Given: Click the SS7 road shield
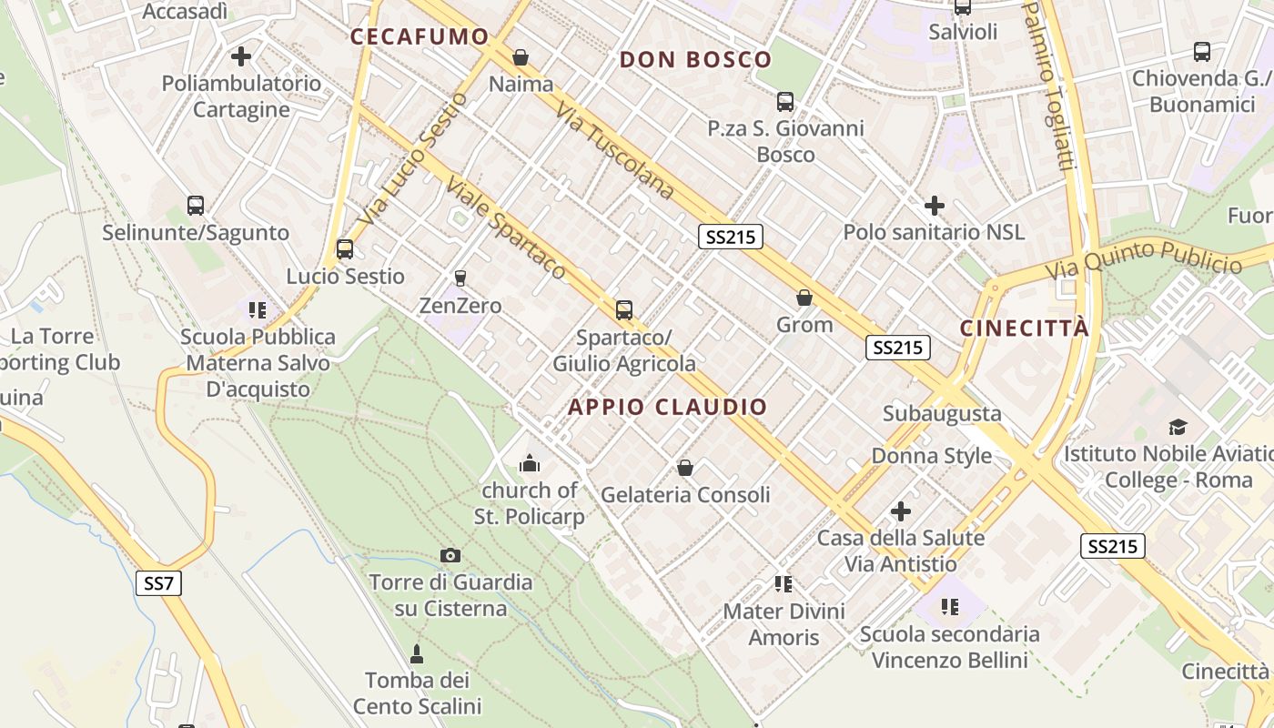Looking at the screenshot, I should pyautogui.click(x=158, y=583).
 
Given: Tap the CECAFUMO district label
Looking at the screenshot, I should pyautogui.click(x=420, y=36).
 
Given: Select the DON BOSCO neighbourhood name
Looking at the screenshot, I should pyautogui.click(x=695, y=60).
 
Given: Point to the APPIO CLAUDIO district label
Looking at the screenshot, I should pyautogui.click(x=668, y=407).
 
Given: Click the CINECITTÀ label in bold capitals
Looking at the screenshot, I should pyautogui.click(x=1025, y=329).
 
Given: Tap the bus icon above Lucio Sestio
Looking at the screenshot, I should pyautogui.click(x=345, y=248).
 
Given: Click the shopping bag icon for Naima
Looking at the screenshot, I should pyautogui.click(x=521, y=57).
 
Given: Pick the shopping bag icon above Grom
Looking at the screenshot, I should pyautogui.click(x=804, y=298).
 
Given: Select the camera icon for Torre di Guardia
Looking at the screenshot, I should pyautogui.click(x=450, y=555).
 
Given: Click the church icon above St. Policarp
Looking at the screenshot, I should pyautogui.click(x=529, y=464).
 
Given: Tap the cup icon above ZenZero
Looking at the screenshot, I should pyautogui.click(x=460, y=278).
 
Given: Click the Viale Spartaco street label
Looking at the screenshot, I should pyautogui.click(x=505, y=227).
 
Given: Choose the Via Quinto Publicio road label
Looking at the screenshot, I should pyautogui.click(x=1143, y=260).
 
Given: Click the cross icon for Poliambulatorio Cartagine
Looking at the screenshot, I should pyautogui.click(x=241, y=56).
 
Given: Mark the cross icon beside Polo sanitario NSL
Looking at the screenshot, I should pyautogui.click(x=934, y=205).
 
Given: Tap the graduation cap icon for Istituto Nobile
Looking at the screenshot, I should pyautogui.click(x=1178, y=427).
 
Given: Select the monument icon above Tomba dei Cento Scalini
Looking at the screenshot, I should pyautogui.click(x=417, y=653).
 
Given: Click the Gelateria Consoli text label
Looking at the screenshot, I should pyautogui.click(x=685, y=495).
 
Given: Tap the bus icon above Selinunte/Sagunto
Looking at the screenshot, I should pyautogui.click(x=196, y=206).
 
